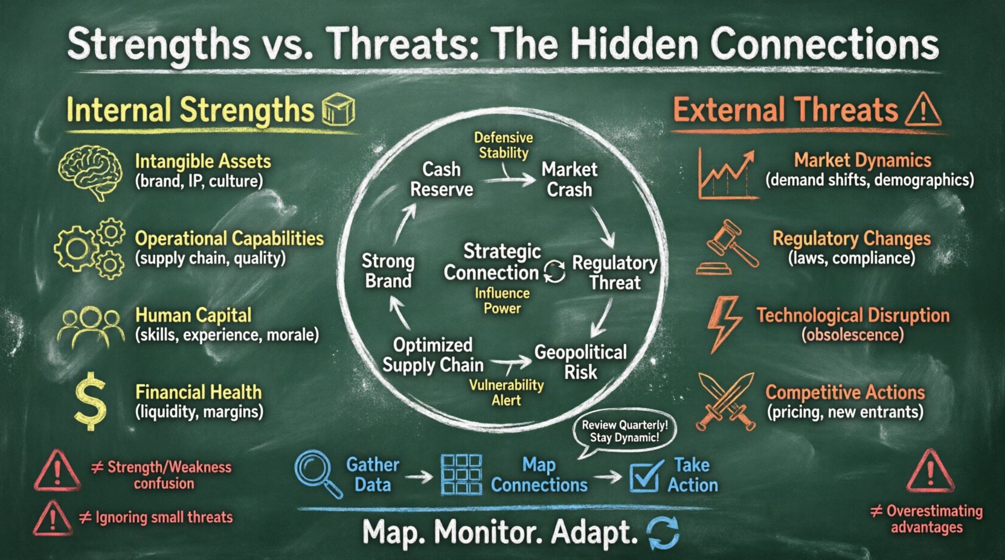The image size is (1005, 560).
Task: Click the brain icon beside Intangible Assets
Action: click(89, 171)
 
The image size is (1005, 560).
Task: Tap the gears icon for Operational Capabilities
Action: click(89, 248)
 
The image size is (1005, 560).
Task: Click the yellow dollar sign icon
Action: click(90, 401)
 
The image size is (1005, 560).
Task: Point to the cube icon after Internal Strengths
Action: click(338, 110)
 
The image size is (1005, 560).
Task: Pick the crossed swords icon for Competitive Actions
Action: click(726, 401)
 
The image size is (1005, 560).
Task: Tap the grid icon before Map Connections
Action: click(461, 475)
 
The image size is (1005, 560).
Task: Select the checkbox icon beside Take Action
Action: click(644, 476)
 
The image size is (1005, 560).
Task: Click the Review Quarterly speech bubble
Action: click(625, 431)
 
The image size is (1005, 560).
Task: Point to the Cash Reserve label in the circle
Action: click(441, 179)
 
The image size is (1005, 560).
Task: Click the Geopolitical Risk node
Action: click(580, 361)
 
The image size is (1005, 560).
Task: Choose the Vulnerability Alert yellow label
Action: click(506, 392)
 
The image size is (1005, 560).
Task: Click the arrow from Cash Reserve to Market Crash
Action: click(509, 179)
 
